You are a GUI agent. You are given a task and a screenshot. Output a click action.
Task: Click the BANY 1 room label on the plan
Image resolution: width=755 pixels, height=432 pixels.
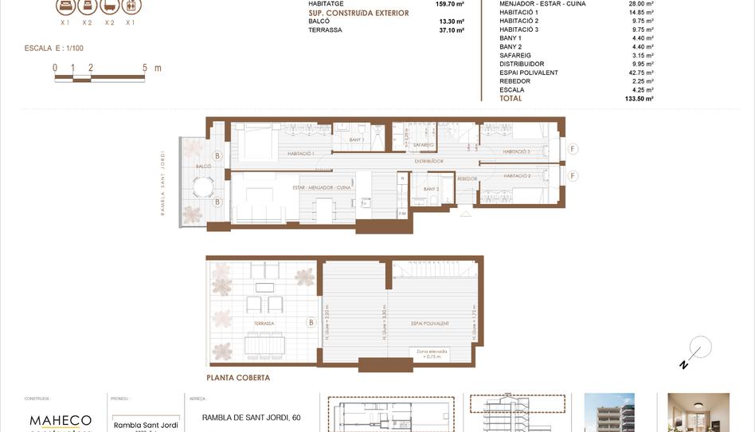coord(356,139)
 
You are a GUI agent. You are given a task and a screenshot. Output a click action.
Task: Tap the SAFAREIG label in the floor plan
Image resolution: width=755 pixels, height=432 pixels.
coord(424,145)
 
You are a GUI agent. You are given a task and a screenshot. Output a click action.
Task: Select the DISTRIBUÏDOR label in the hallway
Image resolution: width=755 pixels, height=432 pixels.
coord(428,162)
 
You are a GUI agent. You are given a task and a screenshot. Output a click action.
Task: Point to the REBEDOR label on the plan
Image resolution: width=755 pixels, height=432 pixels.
coord(467,179)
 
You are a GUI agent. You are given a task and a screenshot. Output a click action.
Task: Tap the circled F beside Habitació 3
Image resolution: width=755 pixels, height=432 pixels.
coord(573,148)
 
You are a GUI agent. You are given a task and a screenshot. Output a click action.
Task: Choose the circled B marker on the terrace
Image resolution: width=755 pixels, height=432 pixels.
coord(310,323)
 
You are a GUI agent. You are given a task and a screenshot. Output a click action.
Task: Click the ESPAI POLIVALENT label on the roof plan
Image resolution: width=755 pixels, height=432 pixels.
coord(430,324)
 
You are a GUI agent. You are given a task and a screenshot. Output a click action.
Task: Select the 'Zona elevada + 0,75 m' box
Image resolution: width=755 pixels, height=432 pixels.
coord(432,354)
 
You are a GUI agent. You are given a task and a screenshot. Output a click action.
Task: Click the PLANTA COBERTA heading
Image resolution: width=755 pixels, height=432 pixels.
coord(238,378)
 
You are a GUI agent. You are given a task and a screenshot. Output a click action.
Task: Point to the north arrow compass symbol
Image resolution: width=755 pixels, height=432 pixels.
coord(698,351)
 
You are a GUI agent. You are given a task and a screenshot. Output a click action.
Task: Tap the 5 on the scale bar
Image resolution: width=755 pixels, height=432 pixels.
coord(145,69)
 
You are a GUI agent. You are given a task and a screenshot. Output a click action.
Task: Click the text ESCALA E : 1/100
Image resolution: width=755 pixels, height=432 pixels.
coord(54,49)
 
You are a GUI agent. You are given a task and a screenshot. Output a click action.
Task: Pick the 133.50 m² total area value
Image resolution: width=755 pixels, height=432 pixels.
coord(639,99)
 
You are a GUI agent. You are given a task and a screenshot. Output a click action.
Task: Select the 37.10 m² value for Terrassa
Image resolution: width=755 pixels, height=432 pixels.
coord(451,30)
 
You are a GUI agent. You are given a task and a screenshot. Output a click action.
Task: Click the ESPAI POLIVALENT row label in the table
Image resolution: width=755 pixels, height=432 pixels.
coord(528,73)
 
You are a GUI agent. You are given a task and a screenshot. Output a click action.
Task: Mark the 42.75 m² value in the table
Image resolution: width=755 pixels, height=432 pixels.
coord(640,73)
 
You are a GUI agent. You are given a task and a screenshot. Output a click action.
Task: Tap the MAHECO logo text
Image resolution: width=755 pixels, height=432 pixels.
coord(60,420)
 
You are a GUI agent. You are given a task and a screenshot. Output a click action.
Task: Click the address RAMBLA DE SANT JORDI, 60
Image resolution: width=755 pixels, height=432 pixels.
coord(251,417)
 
